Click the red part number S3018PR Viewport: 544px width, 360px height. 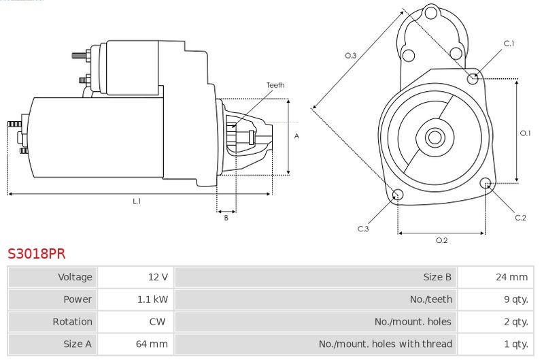37,254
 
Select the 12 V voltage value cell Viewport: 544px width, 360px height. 158,277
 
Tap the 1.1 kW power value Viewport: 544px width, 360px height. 152,299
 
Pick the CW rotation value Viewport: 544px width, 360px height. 157,321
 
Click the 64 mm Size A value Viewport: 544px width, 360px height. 152,344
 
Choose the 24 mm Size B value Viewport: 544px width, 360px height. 512,277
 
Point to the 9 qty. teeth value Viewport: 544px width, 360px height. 516,299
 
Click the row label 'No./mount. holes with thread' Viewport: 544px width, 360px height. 386,344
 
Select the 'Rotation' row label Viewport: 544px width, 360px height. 73,321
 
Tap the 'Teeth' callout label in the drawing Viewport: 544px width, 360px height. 275,85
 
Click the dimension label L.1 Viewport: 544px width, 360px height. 137,201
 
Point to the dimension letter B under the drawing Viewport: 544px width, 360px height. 226,218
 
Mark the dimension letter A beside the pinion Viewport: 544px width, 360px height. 296,136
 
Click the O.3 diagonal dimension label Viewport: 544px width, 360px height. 351,56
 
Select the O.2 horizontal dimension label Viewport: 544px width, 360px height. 441,240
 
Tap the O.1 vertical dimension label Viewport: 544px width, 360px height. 525,133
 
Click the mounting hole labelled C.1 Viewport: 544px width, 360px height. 473,79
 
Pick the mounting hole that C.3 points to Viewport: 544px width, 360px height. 398,195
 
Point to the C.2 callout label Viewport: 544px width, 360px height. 520,218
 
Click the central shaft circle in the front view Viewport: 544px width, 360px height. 435,137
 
